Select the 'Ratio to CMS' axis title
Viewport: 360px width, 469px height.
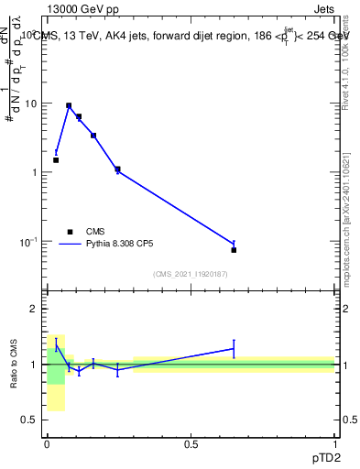16,365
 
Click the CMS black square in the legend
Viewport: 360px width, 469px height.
68,232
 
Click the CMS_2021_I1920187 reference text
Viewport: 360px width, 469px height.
191,274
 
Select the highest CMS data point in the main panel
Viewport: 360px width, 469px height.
69,105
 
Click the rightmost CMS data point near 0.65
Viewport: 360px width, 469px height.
234,249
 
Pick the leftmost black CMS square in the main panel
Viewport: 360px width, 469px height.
56,159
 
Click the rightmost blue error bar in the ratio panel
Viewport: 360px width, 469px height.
234,348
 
